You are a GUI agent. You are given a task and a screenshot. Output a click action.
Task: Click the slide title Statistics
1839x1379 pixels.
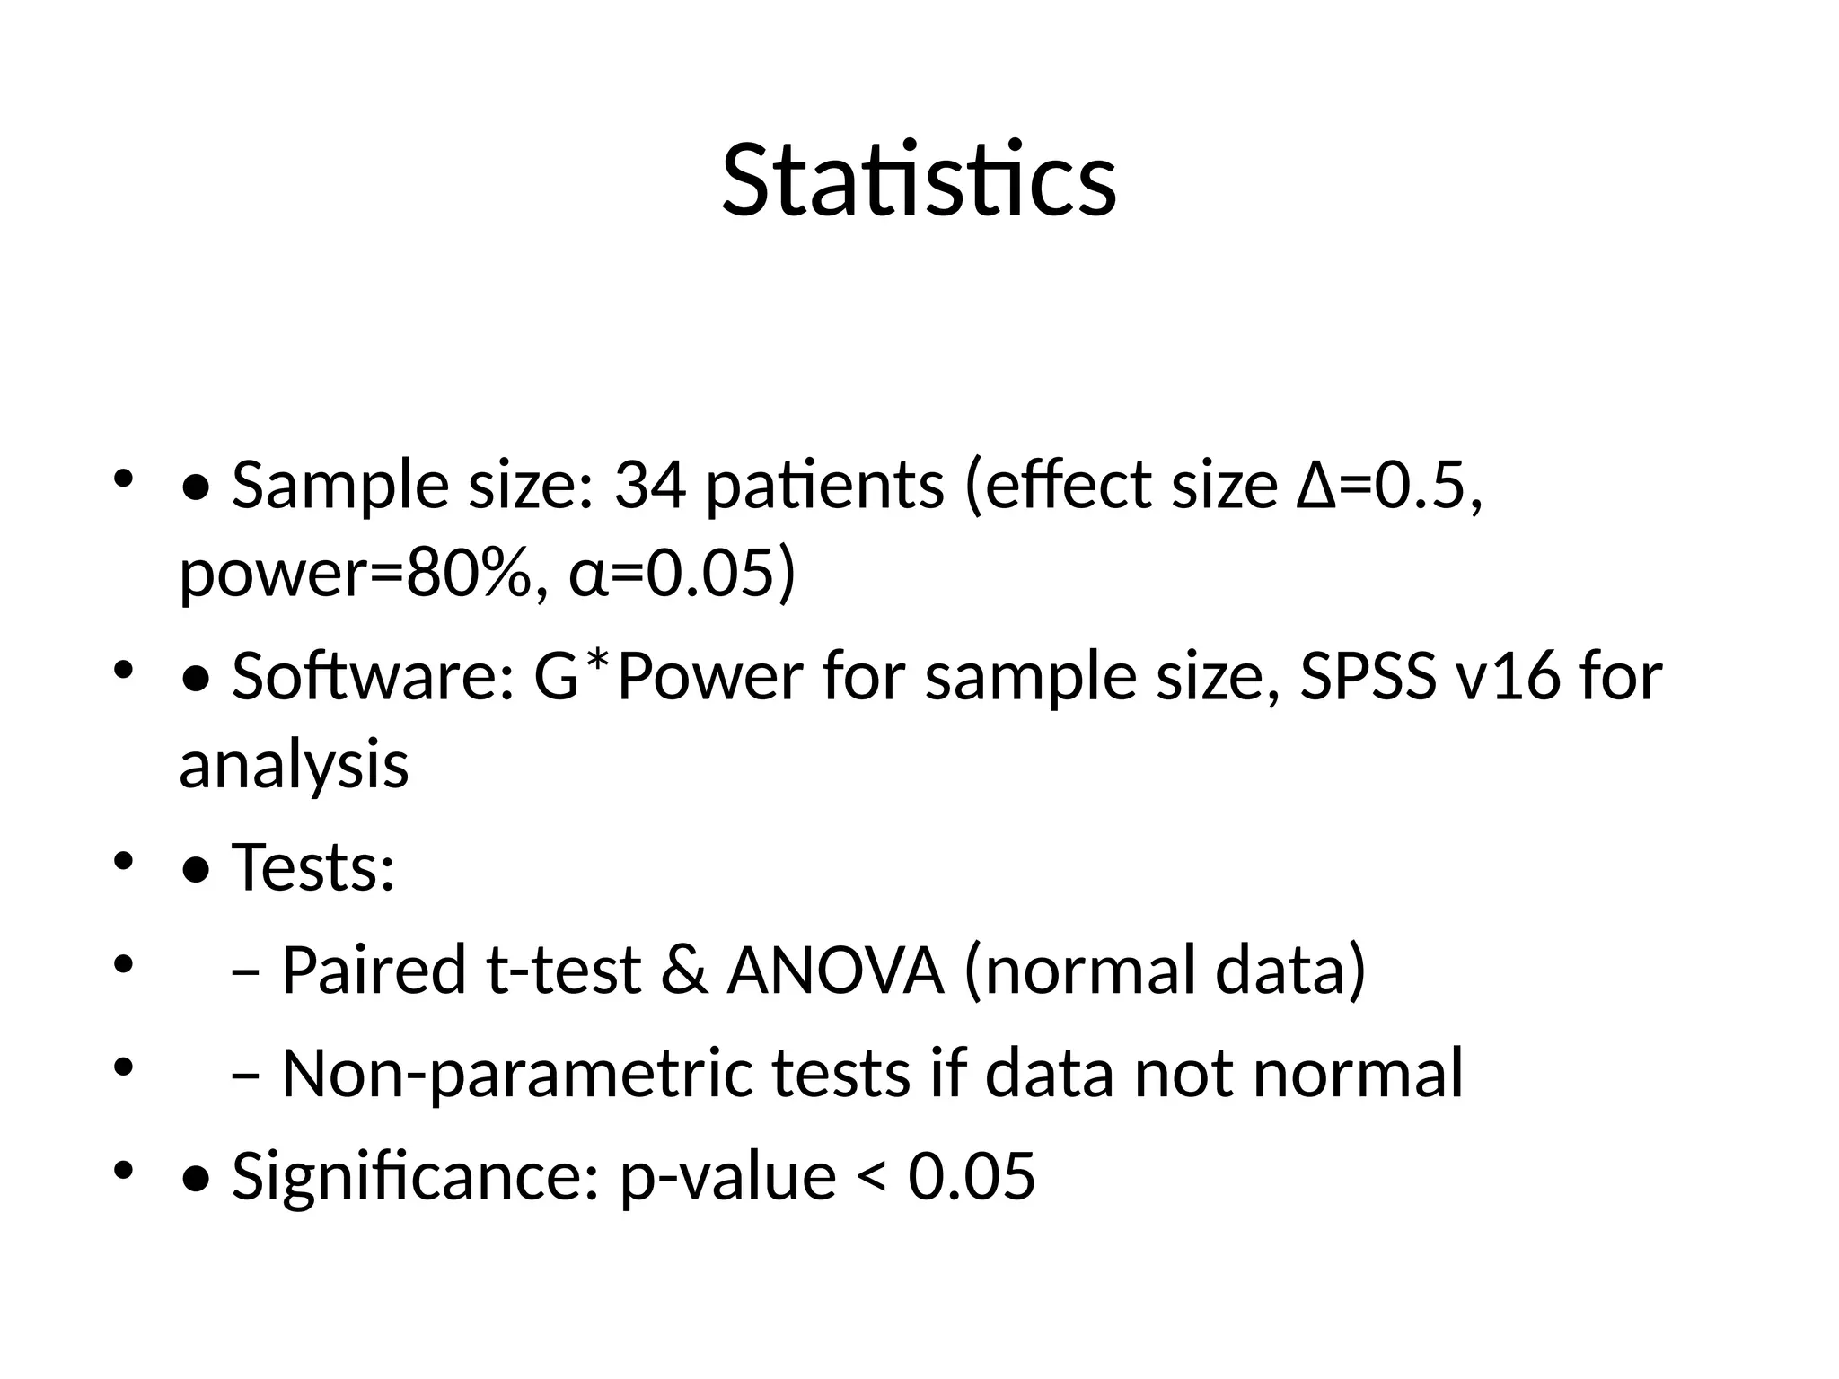point(919,181)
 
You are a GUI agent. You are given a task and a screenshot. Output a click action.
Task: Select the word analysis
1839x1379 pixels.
point(294,767)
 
